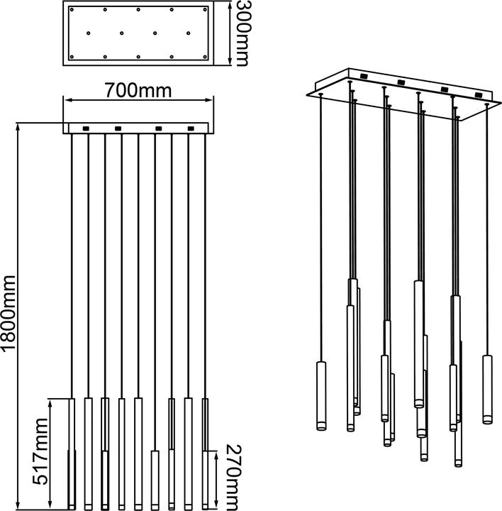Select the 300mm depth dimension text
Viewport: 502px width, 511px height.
tap(243, 33)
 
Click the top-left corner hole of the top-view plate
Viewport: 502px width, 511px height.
tap(70, 10)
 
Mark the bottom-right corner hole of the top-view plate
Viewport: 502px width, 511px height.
tap(206, 56)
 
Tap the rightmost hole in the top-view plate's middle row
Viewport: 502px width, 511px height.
tap(189, 33)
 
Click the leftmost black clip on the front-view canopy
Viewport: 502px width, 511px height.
tap(86, 128)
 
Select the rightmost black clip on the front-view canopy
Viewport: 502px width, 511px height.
tap(189, 128)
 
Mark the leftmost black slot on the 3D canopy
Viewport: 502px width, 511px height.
tap(364, 76)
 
